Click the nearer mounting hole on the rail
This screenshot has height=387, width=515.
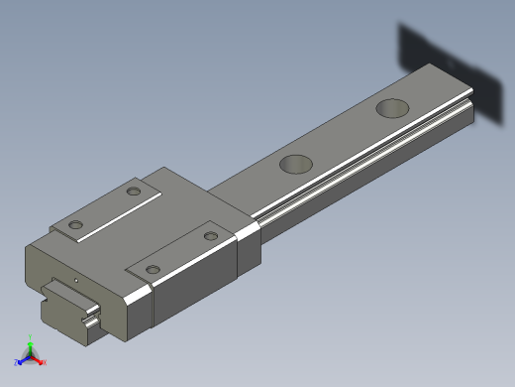296,164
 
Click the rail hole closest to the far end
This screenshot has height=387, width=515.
393,107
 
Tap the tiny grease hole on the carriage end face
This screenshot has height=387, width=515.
76,280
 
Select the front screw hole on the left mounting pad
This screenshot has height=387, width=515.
75,224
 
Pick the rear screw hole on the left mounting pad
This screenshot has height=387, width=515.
135,191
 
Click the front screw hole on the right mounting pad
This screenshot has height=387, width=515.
152,269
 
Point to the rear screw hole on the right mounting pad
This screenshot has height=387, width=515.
209,235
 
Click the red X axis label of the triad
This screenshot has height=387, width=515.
45,362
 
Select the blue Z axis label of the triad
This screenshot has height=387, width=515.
17,362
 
